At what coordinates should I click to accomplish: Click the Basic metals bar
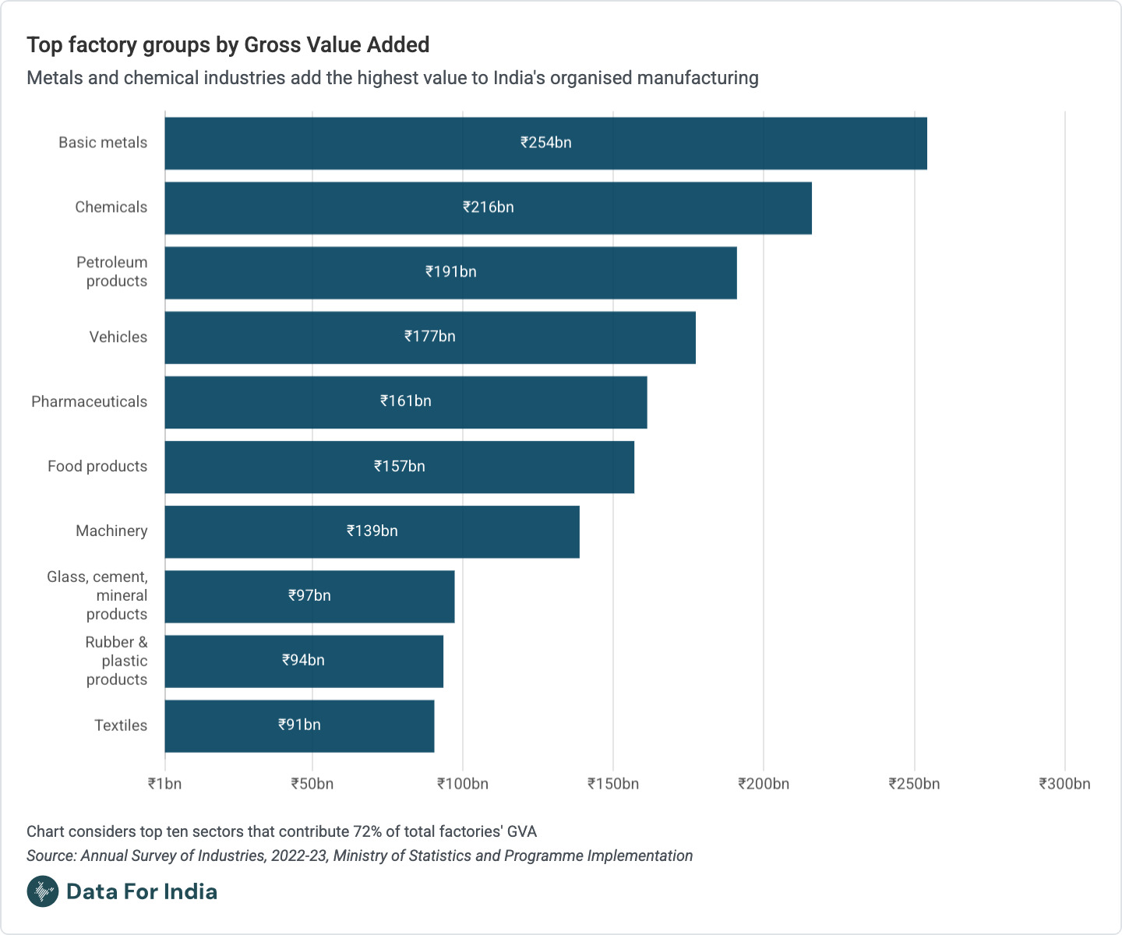pyautogui.click(x=545, y=143)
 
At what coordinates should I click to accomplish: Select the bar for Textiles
pyautogui.click(x=299, y=725)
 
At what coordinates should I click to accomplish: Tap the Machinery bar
pyautogui.click(x=372, y=531)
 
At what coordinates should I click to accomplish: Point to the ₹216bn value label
pyautogui.click(x=489, y=207)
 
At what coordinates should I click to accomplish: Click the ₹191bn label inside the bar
pyautogui.click(x=451, y=272)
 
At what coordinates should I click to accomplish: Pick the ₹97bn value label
pyautogui.click(x=309, y=596)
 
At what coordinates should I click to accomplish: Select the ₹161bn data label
pyautogui.click(x=406, y=401)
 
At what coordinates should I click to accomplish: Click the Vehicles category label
pyautogui.click(x=118, y=337)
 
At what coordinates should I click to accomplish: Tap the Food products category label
pyautogui.click(x=97, y=467)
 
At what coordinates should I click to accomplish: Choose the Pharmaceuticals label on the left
pyautogui.click(x=89, y=402)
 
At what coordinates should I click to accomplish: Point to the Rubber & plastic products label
pyautogui.click(x=116, y=661)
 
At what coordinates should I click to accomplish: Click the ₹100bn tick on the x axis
pyautogui.click(x=463, y=784)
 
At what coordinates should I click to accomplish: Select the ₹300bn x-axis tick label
pyautogui.click(x=1064, y=784)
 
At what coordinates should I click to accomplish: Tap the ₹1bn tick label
pyautogui.click(x=164, y=784)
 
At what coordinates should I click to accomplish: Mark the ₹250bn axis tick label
pyautogui.click(x=914, y=784)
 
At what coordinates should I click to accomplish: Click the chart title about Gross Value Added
pyautogui.click(x=228, y=45)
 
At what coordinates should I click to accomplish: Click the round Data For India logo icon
pyautogui.click(x=43, y=891)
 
